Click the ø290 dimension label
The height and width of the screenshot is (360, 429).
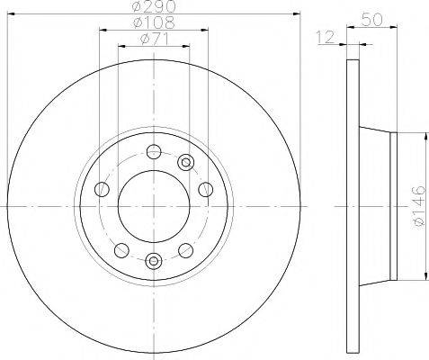click(x=154, y=6)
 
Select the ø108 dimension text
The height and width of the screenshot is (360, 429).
click(x=154, y=22)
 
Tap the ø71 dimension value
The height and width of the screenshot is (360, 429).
click(x=154, y=39)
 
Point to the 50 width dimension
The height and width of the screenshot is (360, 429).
click(x=372, y=20)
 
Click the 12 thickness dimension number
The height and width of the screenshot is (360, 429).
click(x=326, y=37)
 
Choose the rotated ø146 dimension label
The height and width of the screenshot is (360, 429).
click(x=418, y=206)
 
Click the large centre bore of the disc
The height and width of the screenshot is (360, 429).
click(x=154, y=206)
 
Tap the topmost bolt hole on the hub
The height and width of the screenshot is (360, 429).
click(x=154, y=151)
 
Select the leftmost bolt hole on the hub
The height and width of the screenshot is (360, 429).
click(x=102, y=189)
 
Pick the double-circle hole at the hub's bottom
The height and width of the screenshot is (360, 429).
click(x=154, y=261)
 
